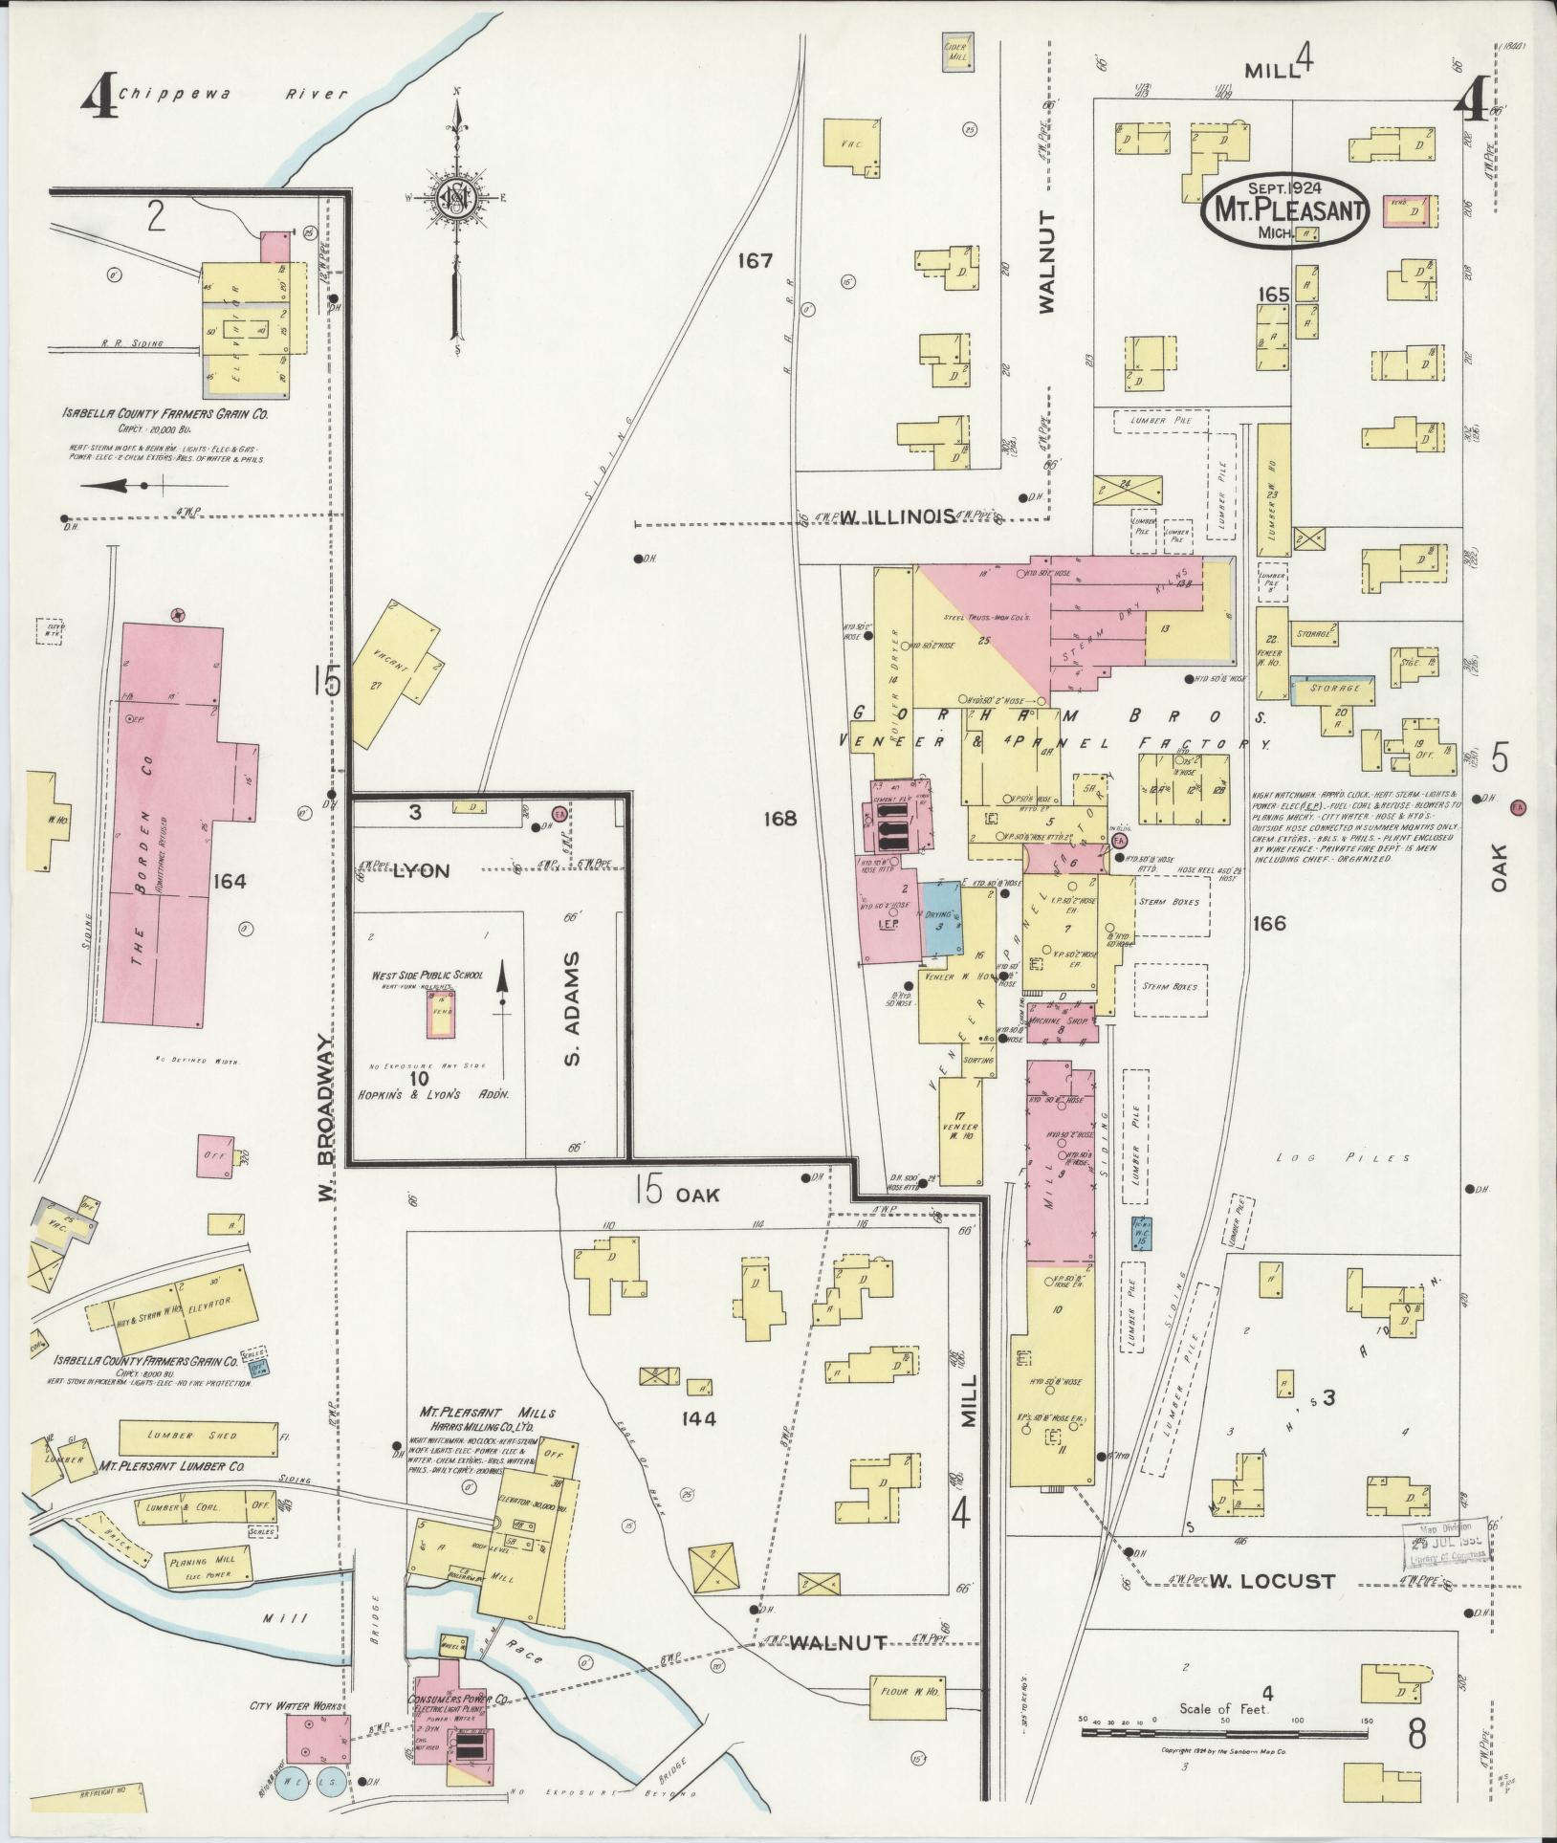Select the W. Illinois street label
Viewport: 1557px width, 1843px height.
coord(896,516)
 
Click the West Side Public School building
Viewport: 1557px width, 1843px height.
coord(441,1013)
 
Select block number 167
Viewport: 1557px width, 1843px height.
coord(755,260)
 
